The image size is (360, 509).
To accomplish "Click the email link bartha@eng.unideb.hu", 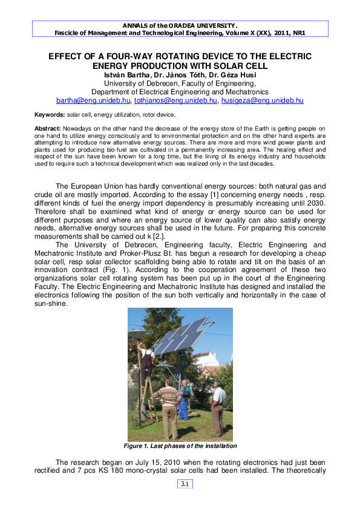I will click(93, 99).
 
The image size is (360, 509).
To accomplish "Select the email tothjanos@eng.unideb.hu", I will click(175, 99).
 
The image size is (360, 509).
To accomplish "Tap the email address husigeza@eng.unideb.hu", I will click(261, 99).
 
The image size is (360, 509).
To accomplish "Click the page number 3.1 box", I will click(185, 484).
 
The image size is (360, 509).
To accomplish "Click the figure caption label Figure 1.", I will click(139, 446).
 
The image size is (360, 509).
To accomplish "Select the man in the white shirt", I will click(217, 408).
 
